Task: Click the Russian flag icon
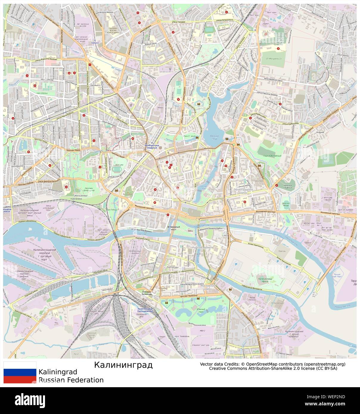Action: pyautogui.click(x=20, y=372)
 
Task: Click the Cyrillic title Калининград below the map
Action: pyautogui.click(x=123, y=365)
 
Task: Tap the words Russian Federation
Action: pyautogui.click(x=71, y=380)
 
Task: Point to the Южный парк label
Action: pyautogui.click(x=201, y=311)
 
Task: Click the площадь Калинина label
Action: pyautogui.click(x=147, y=292)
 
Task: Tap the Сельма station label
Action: pyautogui.click(x=95, y=43)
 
